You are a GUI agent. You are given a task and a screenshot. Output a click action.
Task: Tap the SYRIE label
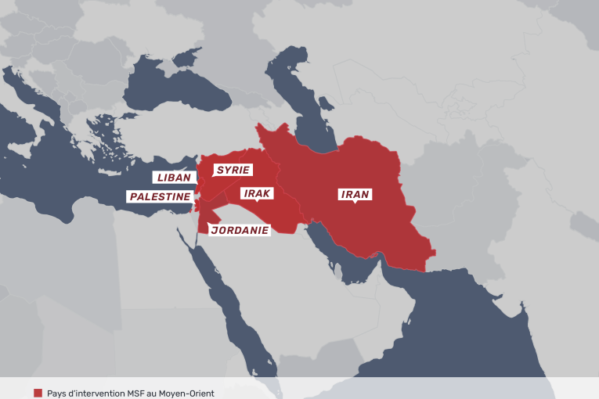point(233,170)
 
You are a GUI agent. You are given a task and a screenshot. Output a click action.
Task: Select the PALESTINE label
point(160,196)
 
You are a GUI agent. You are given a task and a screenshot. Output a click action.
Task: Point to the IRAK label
point(257,192)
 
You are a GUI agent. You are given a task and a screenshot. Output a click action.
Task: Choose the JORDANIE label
point(240,230)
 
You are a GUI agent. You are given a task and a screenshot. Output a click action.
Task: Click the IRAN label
point(354,194)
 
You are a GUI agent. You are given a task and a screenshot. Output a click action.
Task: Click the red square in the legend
point(38,393)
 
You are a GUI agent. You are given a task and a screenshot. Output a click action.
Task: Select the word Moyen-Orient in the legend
point(185,393)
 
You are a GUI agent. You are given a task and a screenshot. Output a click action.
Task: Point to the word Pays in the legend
point(57,393)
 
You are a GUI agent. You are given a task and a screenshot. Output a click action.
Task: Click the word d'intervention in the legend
point(93,393)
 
